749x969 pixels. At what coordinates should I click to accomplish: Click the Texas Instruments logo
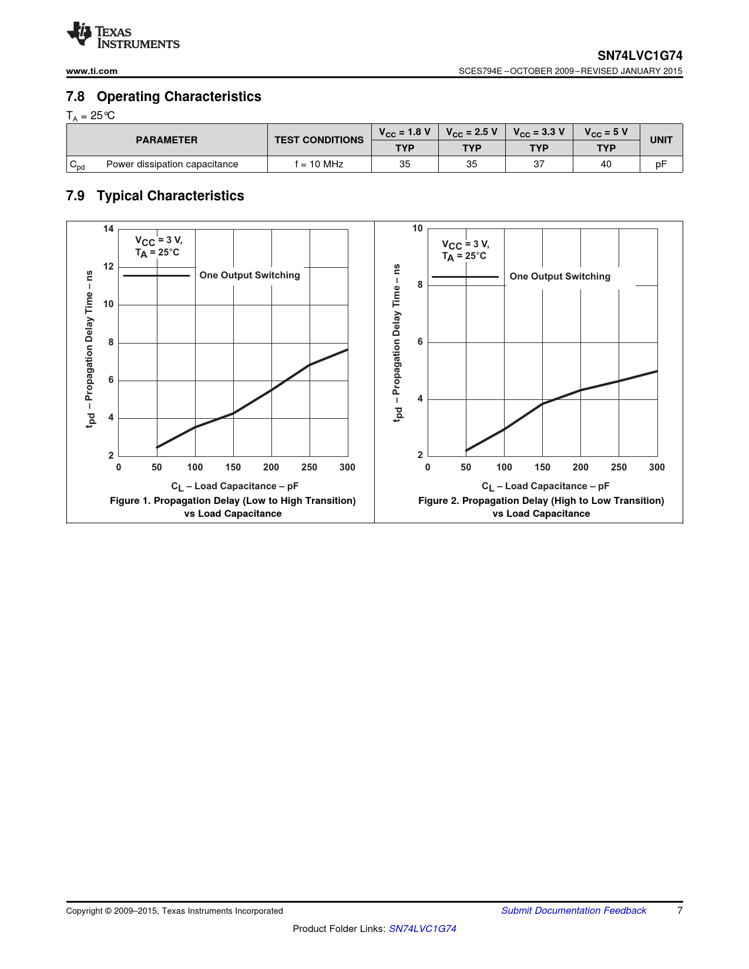123,35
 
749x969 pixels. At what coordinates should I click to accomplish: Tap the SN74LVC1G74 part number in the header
640,56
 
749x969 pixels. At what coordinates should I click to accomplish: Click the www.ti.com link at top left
92,71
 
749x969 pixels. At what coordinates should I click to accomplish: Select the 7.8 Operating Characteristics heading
163,96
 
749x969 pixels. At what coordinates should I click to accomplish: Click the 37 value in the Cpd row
539,164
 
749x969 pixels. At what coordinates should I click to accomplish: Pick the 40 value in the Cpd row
606,164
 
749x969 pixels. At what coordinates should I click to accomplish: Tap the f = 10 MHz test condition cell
319,164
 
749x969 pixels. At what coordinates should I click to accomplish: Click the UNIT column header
661,140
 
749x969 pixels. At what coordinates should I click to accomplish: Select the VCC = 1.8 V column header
405,132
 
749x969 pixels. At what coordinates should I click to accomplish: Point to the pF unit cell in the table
661,164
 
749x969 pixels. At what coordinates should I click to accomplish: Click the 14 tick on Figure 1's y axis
109,229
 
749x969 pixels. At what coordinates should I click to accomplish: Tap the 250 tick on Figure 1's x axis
309,467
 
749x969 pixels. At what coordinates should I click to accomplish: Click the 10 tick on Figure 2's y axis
418,228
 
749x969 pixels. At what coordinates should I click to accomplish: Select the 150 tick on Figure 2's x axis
542,467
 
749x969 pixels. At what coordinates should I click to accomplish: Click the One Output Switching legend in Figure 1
250,275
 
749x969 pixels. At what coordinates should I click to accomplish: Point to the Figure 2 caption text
541,507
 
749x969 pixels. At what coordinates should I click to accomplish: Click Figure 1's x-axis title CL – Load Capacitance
234,486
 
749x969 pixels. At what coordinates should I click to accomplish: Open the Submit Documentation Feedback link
573,911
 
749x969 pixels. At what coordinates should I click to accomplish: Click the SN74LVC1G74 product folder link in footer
422,928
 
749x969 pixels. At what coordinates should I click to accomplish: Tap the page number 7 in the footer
680,911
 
